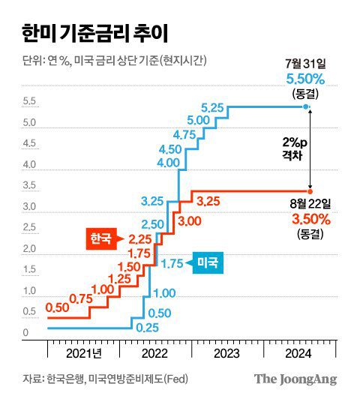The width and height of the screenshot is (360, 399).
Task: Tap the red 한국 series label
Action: (x=99, y=239)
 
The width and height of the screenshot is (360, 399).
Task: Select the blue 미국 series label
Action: (x=208, y=262)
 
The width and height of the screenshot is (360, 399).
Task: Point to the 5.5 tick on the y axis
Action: (x=31, y=101)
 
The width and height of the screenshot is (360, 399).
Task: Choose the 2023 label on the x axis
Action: (x=226, y=352)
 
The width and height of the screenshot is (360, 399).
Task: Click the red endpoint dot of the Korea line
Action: (x=309, y=190)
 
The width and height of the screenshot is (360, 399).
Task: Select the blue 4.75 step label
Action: (x=184, y=134)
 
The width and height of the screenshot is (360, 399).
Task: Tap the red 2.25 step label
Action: (x=140, y=239)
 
